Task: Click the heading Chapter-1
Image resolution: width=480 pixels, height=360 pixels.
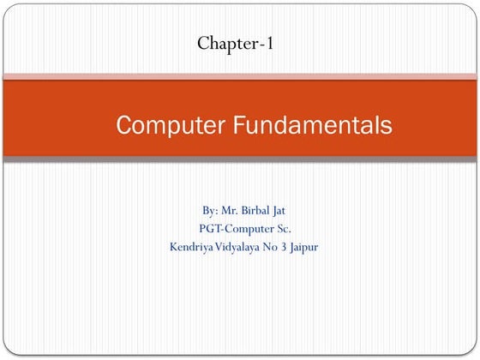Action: [x=235, y=42]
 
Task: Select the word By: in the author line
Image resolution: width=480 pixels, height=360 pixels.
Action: [x=211, y=210]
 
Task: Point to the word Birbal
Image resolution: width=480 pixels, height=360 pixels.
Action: [x=261, y=210]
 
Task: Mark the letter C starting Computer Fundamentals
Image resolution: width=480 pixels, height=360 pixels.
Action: [x=123, y=126]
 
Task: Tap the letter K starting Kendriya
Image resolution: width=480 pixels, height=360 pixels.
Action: [x=175, y=248]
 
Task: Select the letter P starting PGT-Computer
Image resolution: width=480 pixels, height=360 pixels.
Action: [x=201, y=229]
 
